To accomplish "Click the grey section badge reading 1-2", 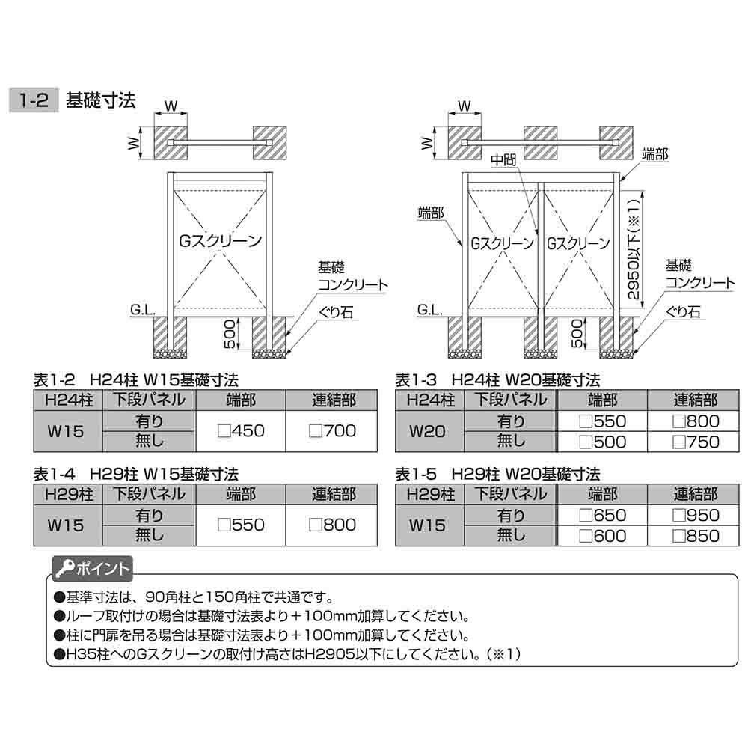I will pyautogui.click(x=32, y=101).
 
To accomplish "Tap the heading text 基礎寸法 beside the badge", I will pyautogui.click(x=102, y=101).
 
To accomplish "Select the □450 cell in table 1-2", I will pyautogui.click(x=241, y=430).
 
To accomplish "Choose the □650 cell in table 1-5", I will pyautogui.click(x=603, y=515).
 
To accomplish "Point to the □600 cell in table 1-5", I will pyautogui.click(x=603, y=536).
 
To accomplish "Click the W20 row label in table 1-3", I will pyautogui.click(x=430, y=431).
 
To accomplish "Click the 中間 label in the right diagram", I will pyautogui.click(x=504, y=160).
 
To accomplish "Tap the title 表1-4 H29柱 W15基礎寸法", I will pyautogui.click(x=136, y=474).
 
